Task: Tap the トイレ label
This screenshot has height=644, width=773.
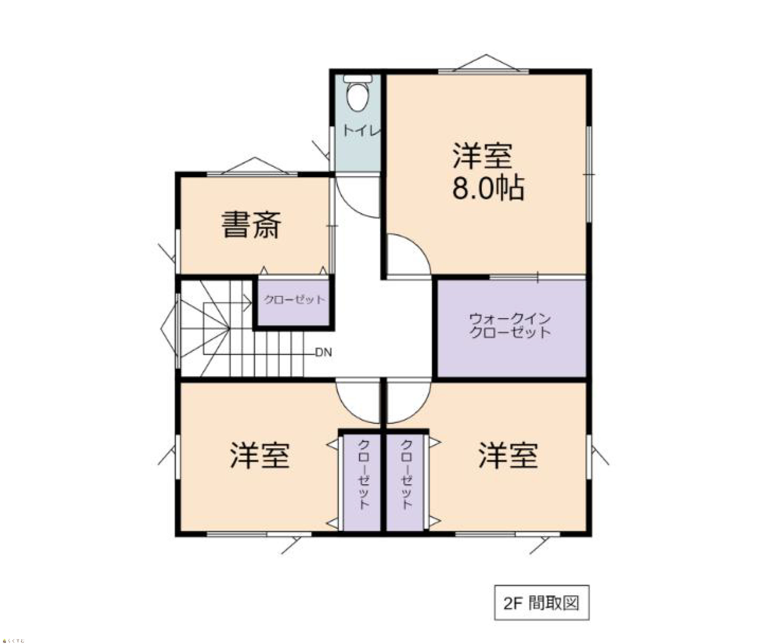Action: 361,131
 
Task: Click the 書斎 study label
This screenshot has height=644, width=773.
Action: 251,224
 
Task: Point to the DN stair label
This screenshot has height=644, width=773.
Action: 323,353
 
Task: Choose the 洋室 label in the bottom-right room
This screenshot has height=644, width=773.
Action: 508,456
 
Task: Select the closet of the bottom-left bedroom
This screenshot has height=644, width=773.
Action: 361,483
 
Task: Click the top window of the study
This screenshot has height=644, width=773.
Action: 253,173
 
